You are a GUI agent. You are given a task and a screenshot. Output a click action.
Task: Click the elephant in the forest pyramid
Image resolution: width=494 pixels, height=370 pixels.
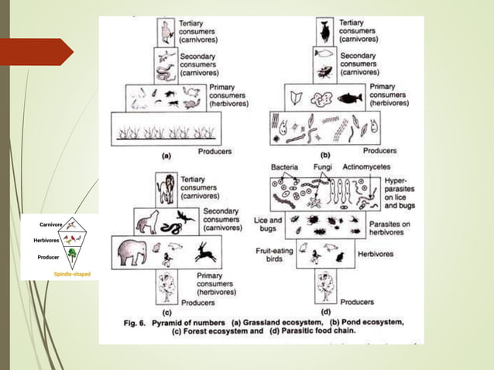click(x=133, y=252)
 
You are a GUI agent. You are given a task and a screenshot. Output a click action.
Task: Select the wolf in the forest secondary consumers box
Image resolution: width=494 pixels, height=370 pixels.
click(x=148, y=222)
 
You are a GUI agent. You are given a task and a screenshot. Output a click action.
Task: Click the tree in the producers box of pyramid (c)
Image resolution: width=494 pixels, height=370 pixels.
click(x=166, y=286)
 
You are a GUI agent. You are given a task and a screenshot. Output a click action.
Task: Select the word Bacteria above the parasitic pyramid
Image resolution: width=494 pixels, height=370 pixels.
click(x=284, y=167)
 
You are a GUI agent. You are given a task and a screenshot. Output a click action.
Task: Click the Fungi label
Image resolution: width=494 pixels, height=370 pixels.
click(x=323, y=167)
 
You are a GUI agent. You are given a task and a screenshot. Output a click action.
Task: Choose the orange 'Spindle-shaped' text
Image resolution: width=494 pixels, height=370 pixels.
click(x=71, y=274)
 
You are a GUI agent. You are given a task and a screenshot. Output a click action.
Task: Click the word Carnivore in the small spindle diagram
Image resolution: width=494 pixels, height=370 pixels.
click(x=51, y=224)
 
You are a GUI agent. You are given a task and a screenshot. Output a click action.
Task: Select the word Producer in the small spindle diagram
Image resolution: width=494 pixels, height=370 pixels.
click(x=49, y=257)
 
